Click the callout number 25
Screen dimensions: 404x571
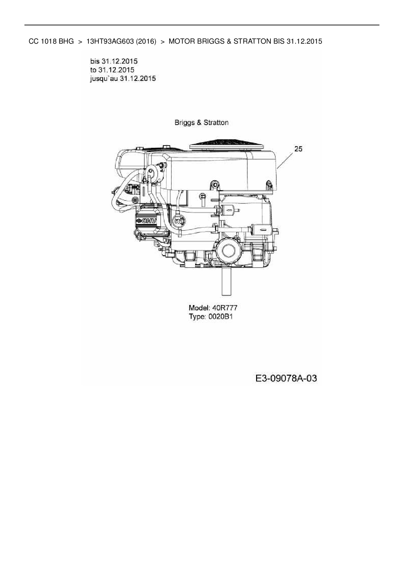pyautogui.click(x=298, y=149)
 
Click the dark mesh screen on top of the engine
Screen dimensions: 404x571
pyautogui.click(x=227, y=144)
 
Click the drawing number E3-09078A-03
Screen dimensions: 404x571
pyautogui.click(x=286, y=378)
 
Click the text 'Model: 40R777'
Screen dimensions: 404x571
pyautogui.click(x=213, y=308)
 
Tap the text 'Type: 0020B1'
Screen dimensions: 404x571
pyautogui.click(x=211, y=316)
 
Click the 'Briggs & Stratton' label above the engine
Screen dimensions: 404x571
pyautogui.click(x=201, y=123)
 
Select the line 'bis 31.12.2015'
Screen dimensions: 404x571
pyautogui.click(x=114, y=61)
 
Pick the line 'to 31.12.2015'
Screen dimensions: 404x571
pyautogui.click(x=112, y=70)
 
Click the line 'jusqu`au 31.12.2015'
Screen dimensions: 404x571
pyautogui.click(x=123, y=78)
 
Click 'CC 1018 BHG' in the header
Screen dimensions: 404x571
pyautogui.click(x=51, y=41)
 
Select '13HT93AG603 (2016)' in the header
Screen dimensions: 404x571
pyautogui.click(x=121, y=41)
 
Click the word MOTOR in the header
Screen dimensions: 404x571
pyautogui.click(x=180, y=41)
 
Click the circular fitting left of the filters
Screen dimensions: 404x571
pyautogui.click(x=179, y=221)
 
